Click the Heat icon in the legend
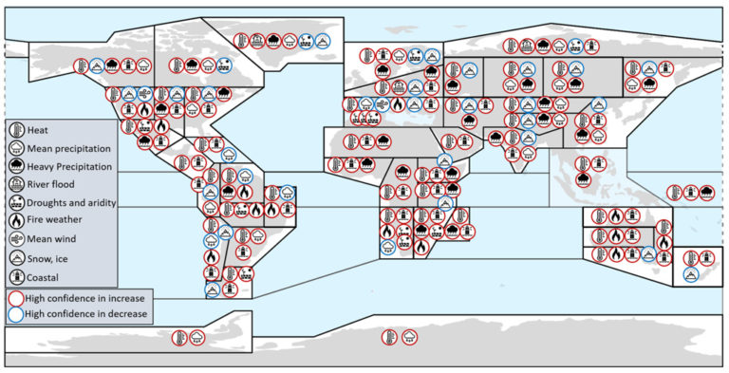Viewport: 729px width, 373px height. pos(17,130)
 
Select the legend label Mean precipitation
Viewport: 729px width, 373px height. pos(68,149)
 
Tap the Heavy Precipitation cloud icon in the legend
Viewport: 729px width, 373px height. pos(17,166)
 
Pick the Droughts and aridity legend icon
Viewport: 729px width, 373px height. pos(17,202)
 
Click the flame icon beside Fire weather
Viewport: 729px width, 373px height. pos(17,220)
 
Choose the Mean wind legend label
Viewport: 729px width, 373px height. pos(51,239)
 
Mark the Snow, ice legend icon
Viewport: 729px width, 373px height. pos(17,258)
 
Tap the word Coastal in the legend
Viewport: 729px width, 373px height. pos(43,278)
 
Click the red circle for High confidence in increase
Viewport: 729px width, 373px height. pos(16,299)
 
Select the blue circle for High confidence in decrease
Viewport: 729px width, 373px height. pos(16,314)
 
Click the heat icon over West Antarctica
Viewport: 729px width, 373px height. pos(179,338)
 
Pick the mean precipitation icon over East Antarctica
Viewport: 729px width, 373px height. pos(410,337)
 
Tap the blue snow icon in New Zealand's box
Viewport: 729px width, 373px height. pos(691,274)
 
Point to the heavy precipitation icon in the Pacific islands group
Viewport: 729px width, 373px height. pos(706,192)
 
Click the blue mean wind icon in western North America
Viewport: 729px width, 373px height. pos(144,94)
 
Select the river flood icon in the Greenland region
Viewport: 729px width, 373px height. pos(257,41)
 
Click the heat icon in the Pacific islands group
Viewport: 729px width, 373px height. pos(675,192)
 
